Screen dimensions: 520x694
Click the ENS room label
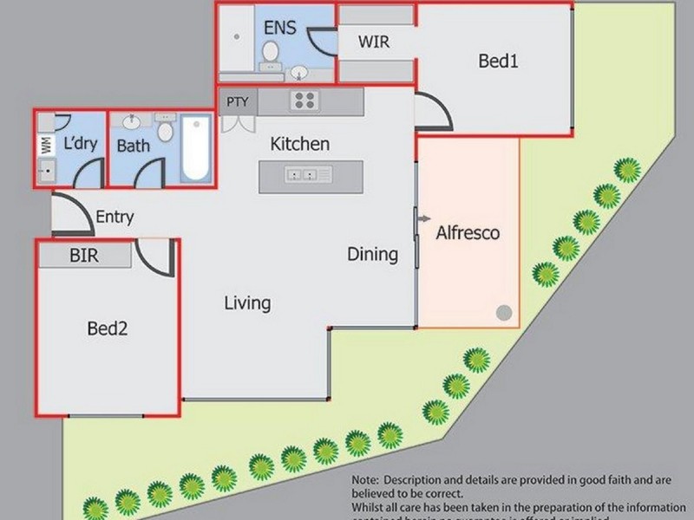click(279, 28)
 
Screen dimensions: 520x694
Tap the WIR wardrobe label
click(374, 41)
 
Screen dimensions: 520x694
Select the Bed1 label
click(499, 62)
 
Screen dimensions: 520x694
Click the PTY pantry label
click(238, 101)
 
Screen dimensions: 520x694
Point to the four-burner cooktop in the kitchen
click(304, 101)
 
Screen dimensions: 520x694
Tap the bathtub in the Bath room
click(196, 149)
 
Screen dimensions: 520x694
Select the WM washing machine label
click(45, 146)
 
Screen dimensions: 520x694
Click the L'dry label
click(80, 144)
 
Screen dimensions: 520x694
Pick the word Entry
click(115, 217)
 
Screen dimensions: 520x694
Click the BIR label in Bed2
click(83, 256)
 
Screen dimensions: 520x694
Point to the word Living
click(247, 303)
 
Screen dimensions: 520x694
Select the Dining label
click(373, 255)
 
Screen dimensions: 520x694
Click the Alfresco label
click(468, 233)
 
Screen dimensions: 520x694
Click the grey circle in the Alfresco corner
click(503, 313)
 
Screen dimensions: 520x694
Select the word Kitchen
click(299, 144)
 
